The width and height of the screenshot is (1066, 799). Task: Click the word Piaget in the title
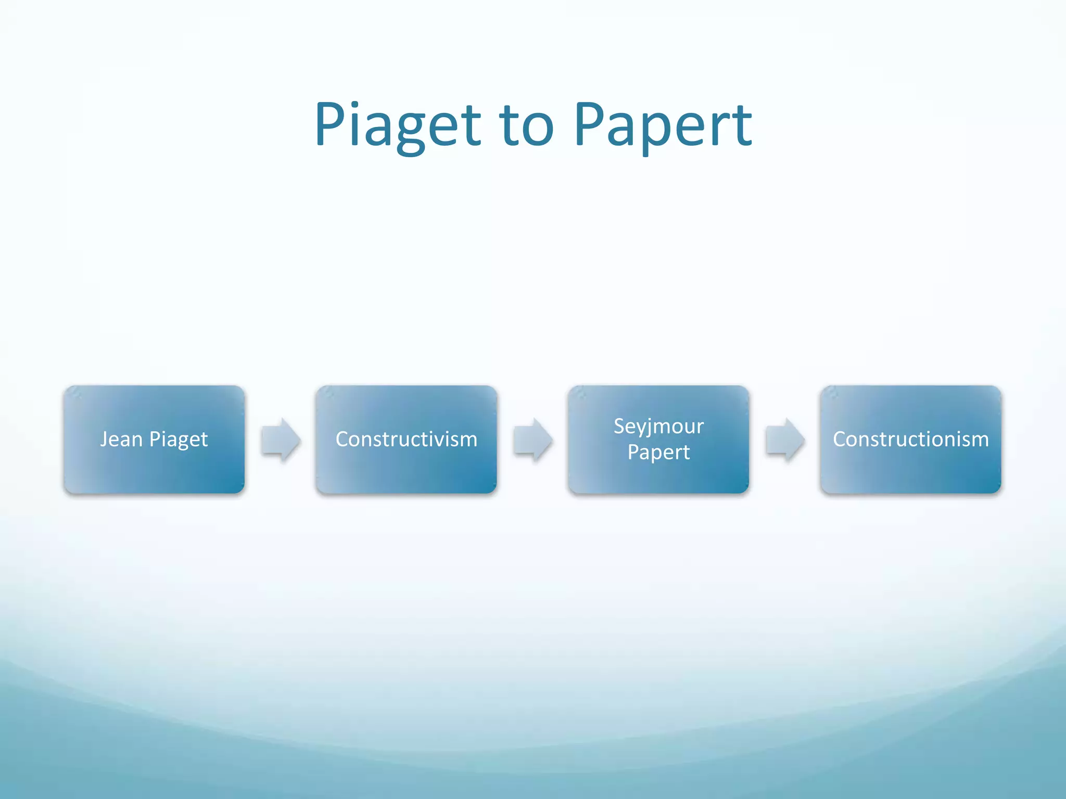click(x=398, y=125)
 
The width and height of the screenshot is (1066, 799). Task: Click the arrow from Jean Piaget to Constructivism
click(x=281, y=440)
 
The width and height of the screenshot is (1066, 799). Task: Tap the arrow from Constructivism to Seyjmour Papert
click(x=532, y=440)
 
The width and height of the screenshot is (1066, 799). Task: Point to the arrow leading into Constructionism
click(x=785, y=440)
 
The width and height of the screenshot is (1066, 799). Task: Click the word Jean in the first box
click(x=121, y=439)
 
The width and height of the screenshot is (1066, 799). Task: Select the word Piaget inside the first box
click(x=179, y=440)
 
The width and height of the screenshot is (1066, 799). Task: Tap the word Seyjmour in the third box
click(x=658, y=427)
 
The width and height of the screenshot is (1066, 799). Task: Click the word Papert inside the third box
click(x=658, y=452)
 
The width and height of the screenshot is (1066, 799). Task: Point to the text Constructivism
click(x=406, y=439)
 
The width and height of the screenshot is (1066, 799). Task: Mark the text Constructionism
click(x=910, y=439)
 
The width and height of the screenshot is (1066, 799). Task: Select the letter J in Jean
click(x=105, y=439)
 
